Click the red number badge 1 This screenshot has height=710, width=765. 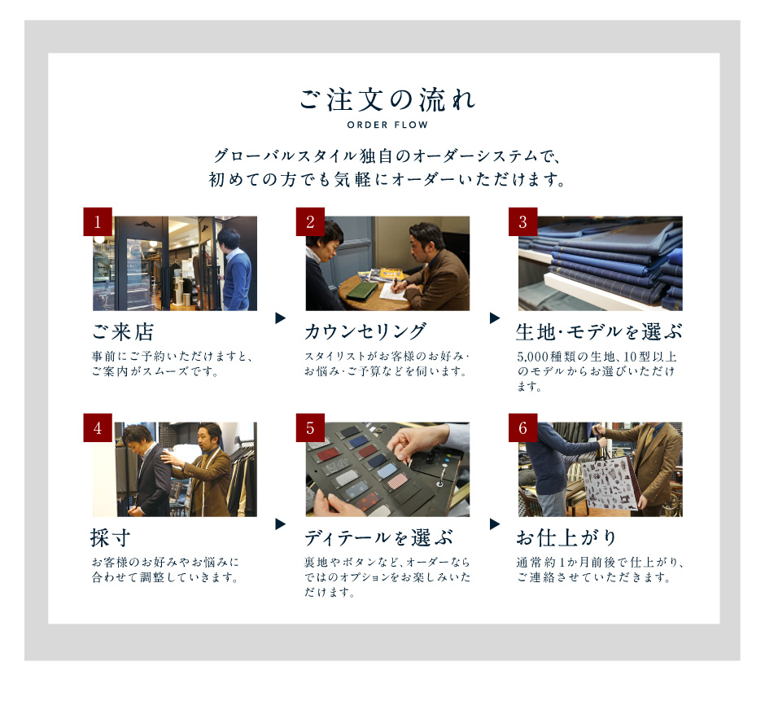point(98,221)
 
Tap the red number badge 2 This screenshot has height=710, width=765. point(310,221)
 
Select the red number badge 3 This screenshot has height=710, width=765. point(523,221)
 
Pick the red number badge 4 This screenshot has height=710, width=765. point(98,428)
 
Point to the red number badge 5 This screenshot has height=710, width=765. point(310,428)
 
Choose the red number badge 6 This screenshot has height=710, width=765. point(523,428)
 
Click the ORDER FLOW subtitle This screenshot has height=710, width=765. point(387,125)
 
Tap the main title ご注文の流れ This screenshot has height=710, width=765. point(387,99)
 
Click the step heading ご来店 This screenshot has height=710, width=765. point(123,332)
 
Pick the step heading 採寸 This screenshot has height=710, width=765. point(110,537)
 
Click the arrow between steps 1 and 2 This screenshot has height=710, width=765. point(280,318)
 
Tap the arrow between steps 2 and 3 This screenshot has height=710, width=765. point(495,318)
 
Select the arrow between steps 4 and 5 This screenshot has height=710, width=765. point(280,524)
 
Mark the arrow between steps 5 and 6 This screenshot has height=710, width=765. point(495,524)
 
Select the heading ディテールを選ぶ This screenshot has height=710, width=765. point(379,537)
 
